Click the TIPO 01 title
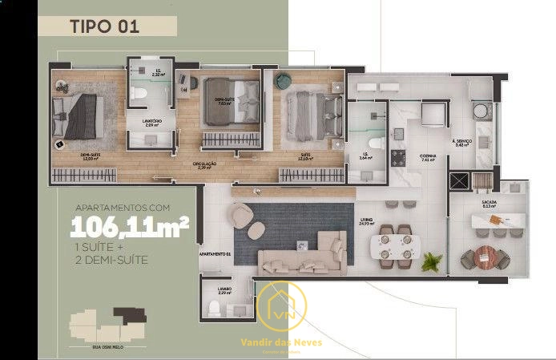[105, 25]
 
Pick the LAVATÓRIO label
[152, 123]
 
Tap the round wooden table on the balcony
[485, 257]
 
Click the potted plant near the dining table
[433, 261]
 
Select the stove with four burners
[399, 156]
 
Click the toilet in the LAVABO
[213, 307]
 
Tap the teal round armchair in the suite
[283, 80]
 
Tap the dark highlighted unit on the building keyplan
[129, 315]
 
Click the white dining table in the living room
[397, 244]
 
